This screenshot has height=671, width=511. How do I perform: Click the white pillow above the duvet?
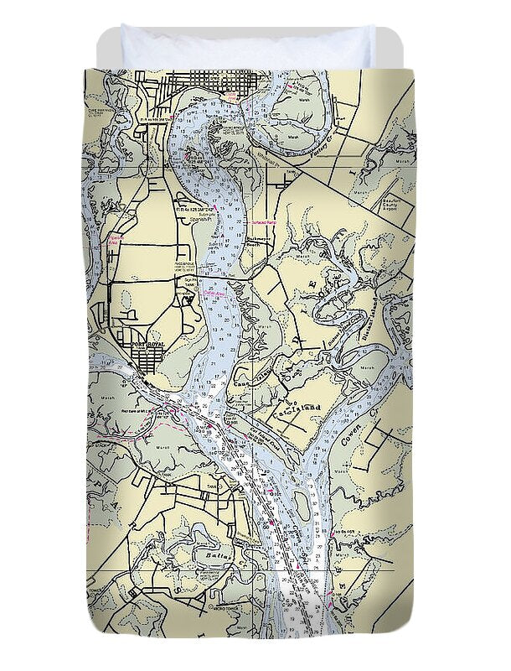click(247, 46)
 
